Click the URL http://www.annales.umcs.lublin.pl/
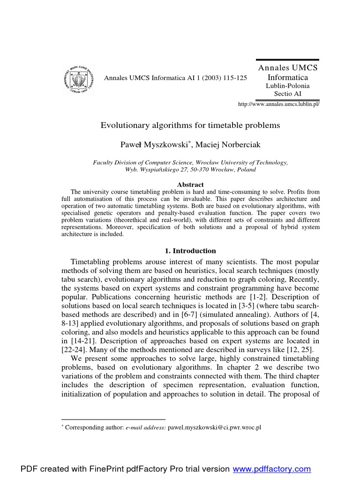pos(279,104)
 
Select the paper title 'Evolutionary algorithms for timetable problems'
pos(190,125)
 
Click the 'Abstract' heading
pos(190,185)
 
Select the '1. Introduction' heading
pos(190,251)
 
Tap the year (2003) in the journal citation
pos(207,77)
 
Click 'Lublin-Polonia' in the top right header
pos(287,86)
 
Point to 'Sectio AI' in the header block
pos(287,94)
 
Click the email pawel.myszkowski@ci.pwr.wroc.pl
pos(214,428)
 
